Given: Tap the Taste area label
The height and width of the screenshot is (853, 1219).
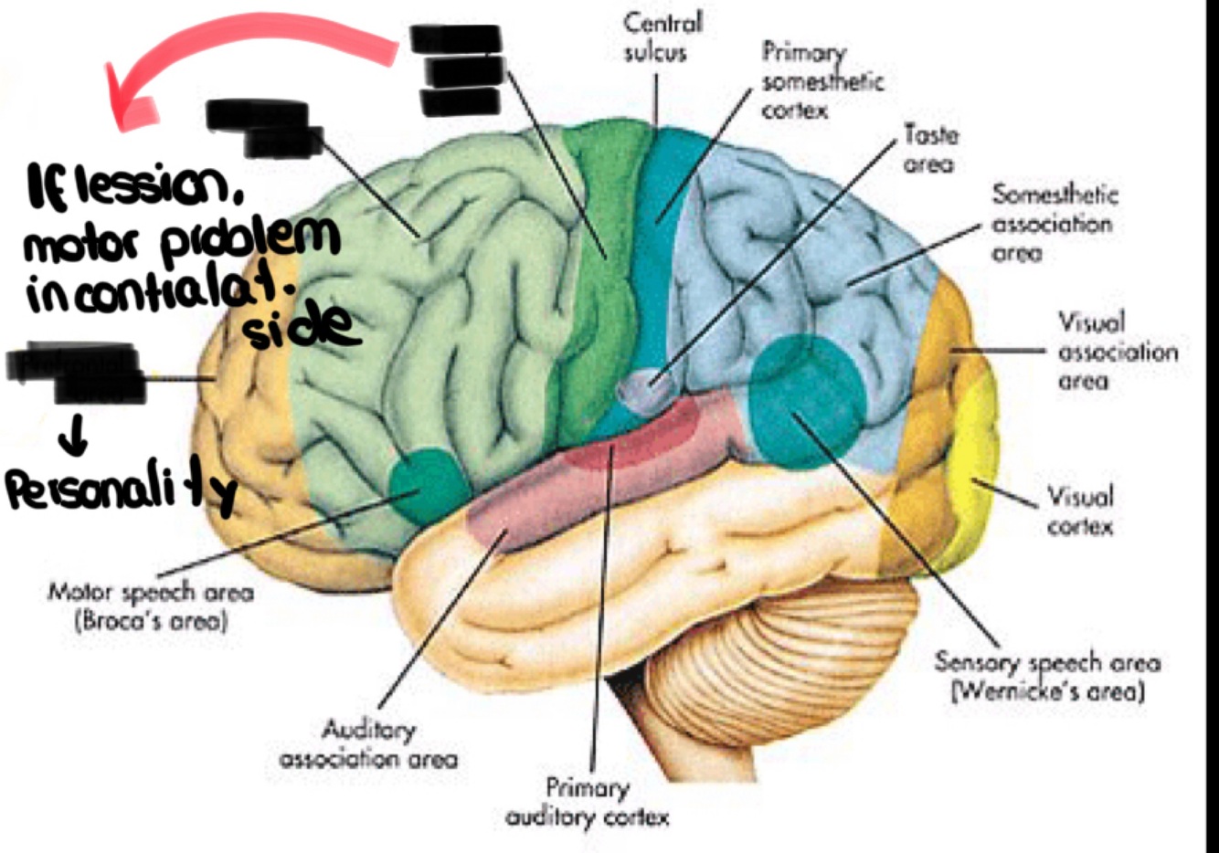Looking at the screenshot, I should coord(929,150).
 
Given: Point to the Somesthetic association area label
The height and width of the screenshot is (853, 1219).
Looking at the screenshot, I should coord(1054,224).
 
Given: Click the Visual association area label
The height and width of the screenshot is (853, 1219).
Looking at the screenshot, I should coord(1118,352).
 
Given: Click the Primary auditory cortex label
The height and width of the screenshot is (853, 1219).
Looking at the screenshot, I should coord(588,802).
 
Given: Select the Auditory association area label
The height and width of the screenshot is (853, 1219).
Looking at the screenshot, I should coord(368,744).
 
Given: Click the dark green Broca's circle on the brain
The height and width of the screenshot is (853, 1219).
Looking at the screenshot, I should coord(425,484).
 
